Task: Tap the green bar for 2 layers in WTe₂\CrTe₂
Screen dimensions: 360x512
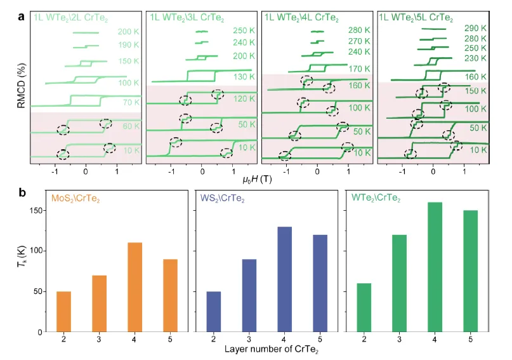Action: [364, 307]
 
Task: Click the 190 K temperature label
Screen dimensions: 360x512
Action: [128, 45]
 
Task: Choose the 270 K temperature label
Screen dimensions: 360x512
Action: [359, 41]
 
